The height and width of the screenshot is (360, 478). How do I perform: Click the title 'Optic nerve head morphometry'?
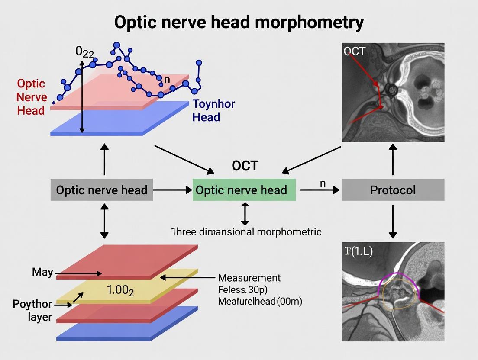239,22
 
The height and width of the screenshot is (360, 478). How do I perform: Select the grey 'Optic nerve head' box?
102,190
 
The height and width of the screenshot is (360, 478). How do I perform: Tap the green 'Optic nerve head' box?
244,190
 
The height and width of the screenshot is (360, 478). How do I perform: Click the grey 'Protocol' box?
393,190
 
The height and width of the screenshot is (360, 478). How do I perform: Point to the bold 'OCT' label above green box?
245,166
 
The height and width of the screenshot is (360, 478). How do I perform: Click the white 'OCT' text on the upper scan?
354,51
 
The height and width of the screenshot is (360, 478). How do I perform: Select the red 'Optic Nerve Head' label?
31,97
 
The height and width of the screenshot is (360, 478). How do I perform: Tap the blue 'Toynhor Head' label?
213,110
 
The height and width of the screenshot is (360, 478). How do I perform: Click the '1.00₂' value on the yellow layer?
120,290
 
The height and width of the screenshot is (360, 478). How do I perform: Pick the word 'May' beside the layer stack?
42,272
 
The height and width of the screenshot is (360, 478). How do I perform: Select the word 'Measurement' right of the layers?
249,278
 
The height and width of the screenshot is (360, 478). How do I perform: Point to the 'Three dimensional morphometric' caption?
246,231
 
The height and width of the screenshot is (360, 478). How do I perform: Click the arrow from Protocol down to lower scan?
393,221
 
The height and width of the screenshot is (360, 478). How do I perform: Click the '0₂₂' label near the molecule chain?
84,51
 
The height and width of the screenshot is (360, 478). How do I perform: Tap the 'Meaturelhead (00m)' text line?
260,301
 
